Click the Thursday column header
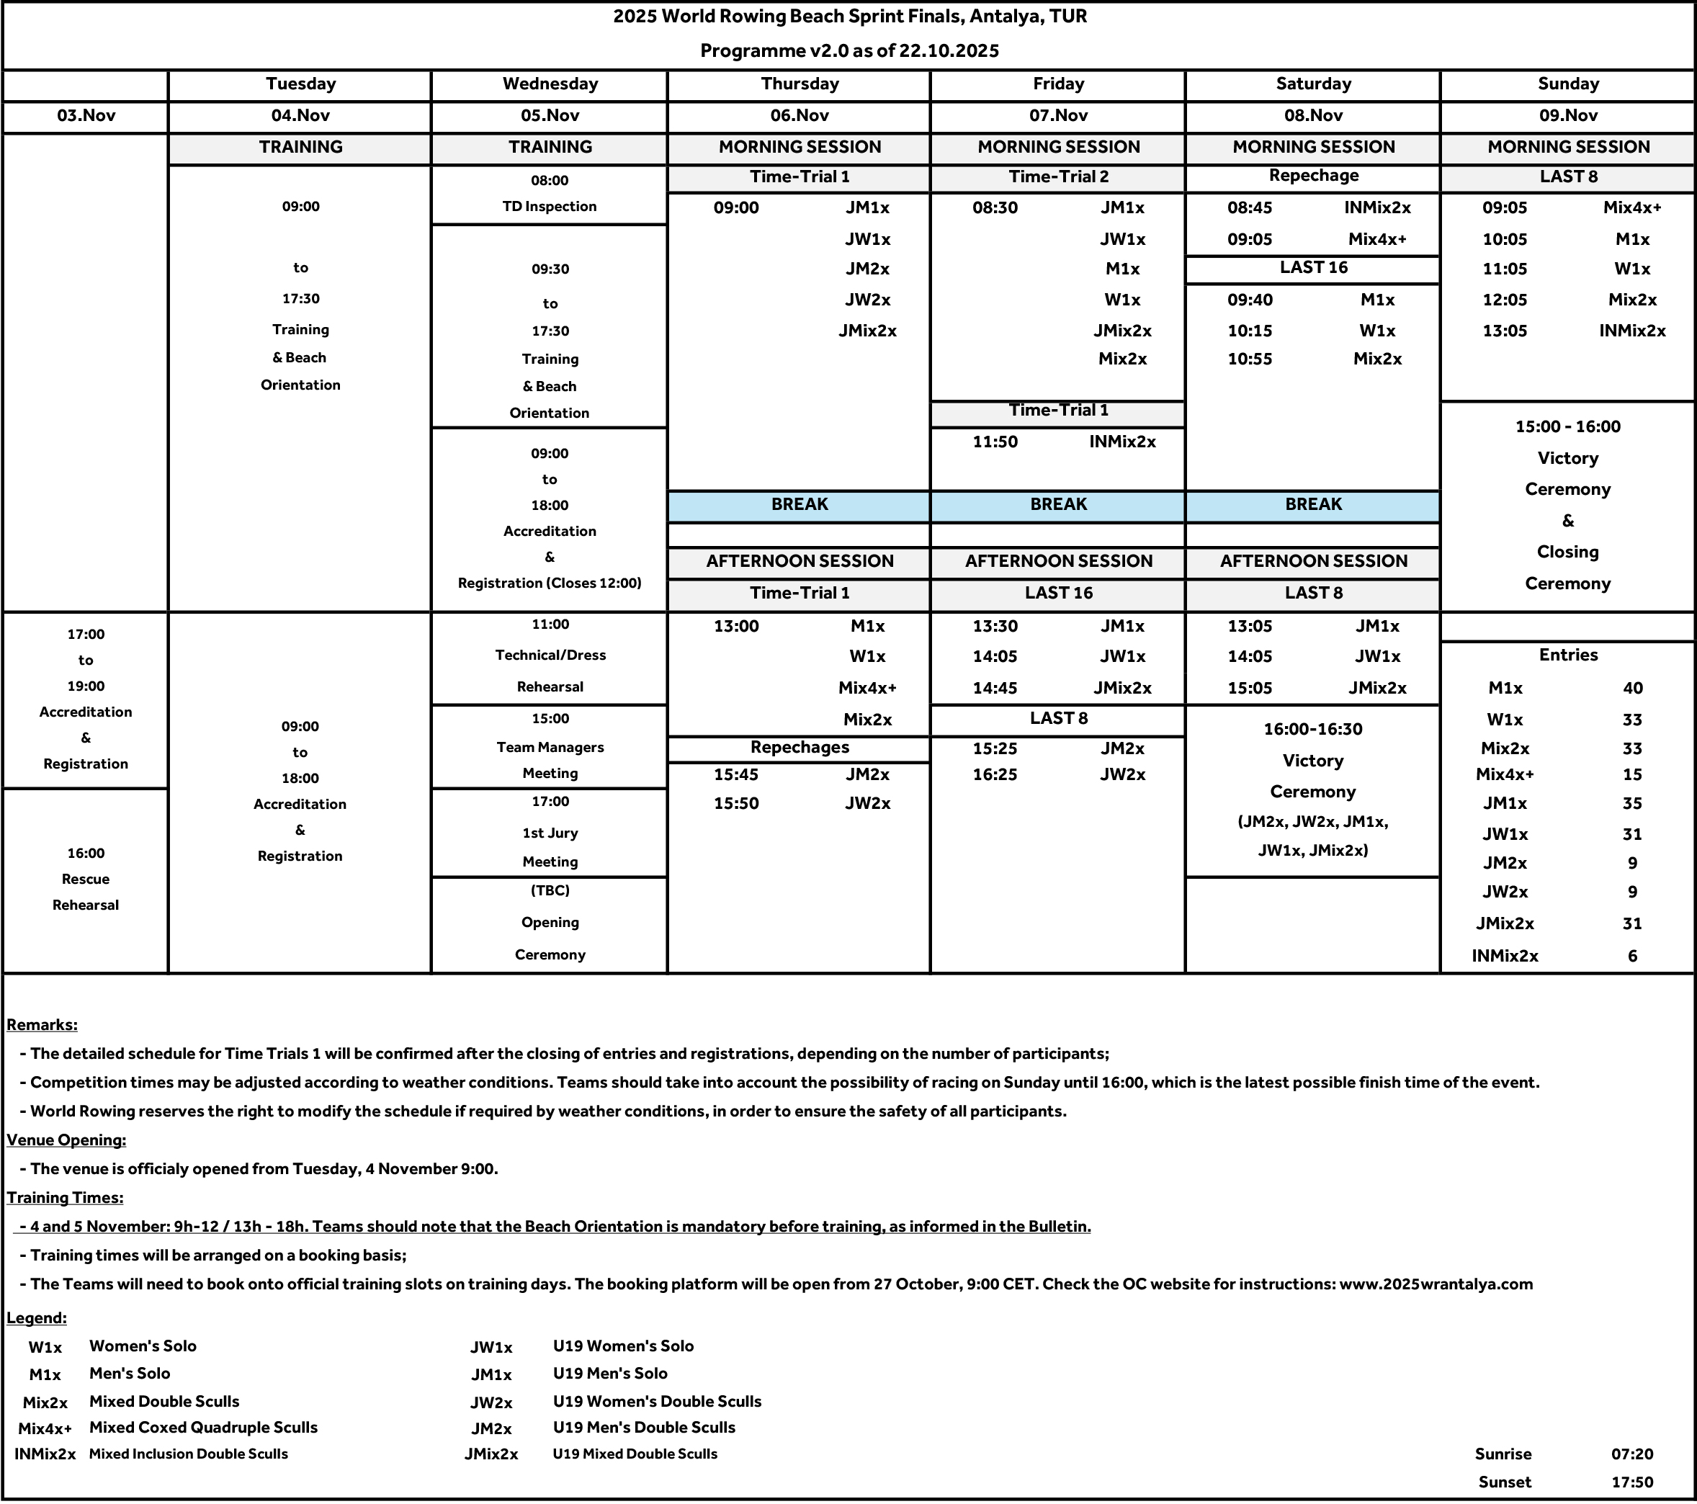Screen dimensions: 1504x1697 799,84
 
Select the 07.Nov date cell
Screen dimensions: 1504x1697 1057,115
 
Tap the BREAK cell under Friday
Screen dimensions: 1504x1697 1057,505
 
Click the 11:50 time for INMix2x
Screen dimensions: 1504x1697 995,442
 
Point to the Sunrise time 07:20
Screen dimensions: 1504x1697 1631,1454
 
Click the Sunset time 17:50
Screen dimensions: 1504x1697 1631,1482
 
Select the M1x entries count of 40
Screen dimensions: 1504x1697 1631,689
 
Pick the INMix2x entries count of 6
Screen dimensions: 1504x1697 1631,956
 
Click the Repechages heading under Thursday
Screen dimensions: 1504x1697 799,748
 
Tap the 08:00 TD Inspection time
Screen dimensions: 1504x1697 549,180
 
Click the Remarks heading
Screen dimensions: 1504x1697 42,1025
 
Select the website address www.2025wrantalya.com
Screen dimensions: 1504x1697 1436,1284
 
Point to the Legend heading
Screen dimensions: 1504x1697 37,1318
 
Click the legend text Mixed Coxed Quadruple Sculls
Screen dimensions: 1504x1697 203,1428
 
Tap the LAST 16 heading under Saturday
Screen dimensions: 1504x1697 1312,267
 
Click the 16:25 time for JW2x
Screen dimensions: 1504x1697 995,775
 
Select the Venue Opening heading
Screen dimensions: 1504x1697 66,1140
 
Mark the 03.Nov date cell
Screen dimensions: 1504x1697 86,115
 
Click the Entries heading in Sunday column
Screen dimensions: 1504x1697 1567,655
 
